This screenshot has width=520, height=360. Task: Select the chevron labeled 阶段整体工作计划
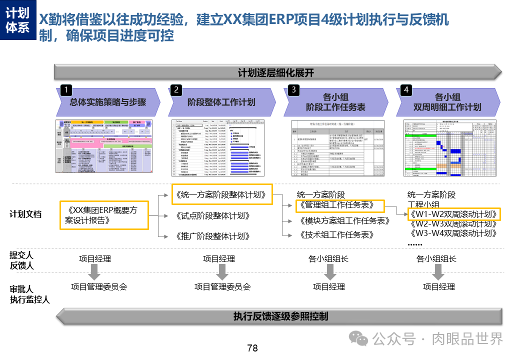click(221, 102)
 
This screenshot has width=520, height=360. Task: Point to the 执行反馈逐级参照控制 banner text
click(280, 316)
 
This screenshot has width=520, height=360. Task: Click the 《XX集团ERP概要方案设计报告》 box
click(104, 215)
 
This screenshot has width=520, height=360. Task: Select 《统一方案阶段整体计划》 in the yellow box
click(221, 194)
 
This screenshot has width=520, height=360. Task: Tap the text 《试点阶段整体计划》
click(212, 216)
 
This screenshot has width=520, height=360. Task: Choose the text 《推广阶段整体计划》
click(212, 236)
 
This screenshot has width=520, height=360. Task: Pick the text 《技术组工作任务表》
click(337, 234)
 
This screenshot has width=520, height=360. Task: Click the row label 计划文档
click(25, 214)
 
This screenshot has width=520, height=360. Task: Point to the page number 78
click(252, 348)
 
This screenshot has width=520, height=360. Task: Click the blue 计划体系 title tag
click(18, 20)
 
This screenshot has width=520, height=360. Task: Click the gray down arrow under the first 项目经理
click(94, 272)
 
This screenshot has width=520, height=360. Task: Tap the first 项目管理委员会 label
click(99, 287)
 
